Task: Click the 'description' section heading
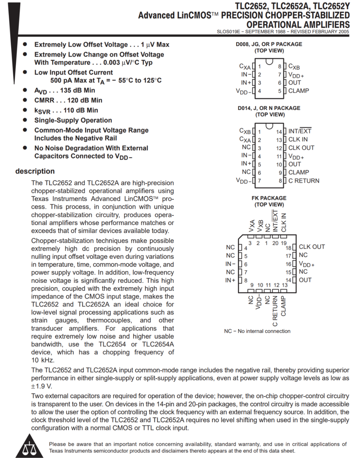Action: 35,171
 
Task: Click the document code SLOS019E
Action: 229,32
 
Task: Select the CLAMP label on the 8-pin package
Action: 299,91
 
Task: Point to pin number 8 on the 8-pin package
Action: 279,66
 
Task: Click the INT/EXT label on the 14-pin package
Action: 300,131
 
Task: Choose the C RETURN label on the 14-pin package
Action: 304,181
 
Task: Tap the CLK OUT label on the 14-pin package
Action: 301,148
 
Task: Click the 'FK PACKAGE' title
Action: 269,198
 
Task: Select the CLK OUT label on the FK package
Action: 312,247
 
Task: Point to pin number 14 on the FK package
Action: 289,281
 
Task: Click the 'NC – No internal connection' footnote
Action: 257,331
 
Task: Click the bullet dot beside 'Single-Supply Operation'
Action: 25,120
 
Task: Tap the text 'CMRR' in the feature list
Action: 44,100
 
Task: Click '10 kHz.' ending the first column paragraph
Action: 43,360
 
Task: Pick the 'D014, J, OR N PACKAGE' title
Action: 269,108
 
